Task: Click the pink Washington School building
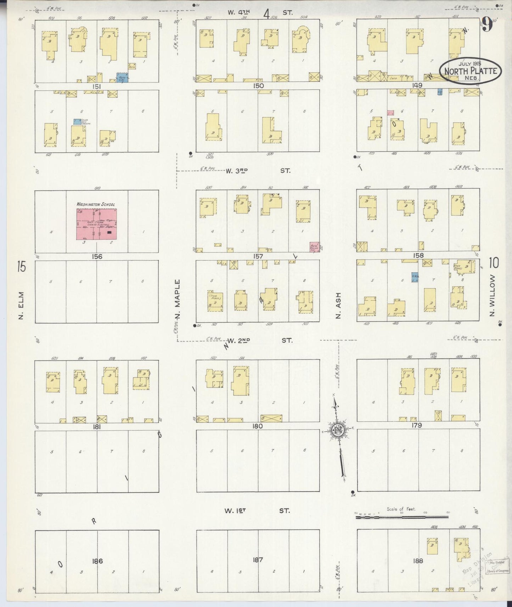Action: (x=97, y=224)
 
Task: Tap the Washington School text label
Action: (x=96, y=204)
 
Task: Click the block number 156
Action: (x=96, y=257)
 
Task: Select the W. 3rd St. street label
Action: (x=258, y=171)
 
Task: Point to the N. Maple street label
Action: (x=178, y=299)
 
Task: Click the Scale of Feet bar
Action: (x=401, y=517)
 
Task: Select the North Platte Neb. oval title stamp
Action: (x=470, y=72)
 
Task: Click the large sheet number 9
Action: (x=488, y=26)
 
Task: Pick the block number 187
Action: (x=258, y=560)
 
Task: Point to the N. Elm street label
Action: (x=21, y=305)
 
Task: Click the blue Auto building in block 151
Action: (x=123, y=77)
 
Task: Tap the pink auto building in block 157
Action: (x=314, y=247)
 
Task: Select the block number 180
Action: (x=258, y=426)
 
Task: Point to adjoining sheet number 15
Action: (x=22, y=266)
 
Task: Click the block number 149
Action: (x=417, y=85)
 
